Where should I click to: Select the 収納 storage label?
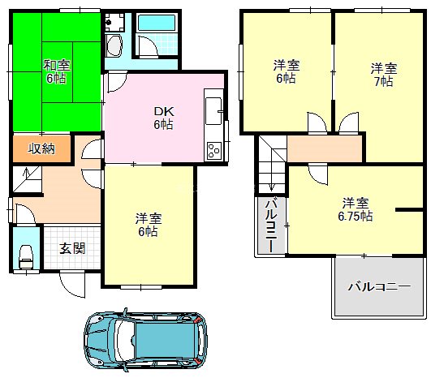click(x=41, y=148)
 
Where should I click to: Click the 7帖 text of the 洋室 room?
click(x=384, y=82)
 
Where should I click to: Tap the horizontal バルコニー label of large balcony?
click(x=378, y=286)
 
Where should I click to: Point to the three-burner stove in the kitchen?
click(x=214, y=150)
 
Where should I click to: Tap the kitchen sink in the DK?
click(x=213, y=109)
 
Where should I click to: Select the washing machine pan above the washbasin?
click(x=114, y=20)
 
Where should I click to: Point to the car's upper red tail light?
click(x=197, y=323)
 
